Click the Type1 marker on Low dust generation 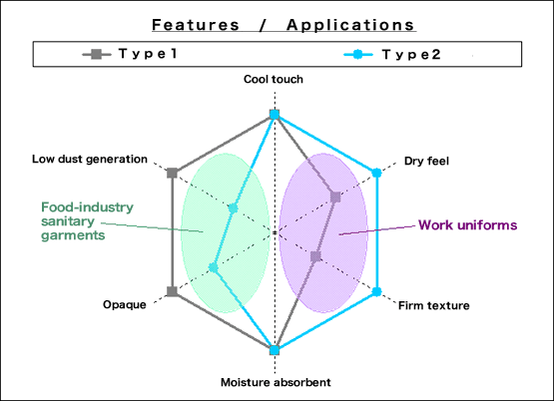pos(172,173)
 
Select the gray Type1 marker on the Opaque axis pos(172,291)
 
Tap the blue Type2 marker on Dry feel pos(377,173)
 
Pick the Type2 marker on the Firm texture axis pos(377,291)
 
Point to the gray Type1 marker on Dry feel pos(335,197)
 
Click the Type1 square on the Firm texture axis pos(315,256)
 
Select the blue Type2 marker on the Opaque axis pos(213,268)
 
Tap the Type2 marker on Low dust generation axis pos(233,208)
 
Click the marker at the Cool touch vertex pos(275,115)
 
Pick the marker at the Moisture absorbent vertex pos(275,350)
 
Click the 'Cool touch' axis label pos(274,79)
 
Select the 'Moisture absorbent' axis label pos(276,382)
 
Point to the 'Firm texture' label pos(434,305)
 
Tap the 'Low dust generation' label pos(90,160)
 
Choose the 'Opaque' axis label pos(125,304)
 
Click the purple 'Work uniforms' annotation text pos(468,224)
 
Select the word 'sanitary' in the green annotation pos(68,221)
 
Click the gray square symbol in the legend pos(96,54)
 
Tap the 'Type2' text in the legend pos(411,54)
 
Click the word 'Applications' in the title pos(350,25)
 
